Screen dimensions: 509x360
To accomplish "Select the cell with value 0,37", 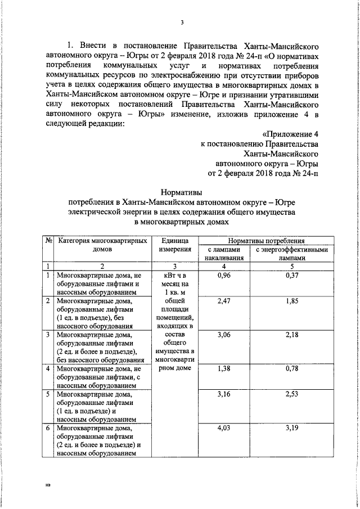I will point(291,275).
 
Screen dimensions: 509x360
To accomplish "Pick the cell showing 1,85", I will point(291,302).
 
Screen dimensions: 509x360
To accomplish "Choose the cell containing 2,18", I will point(291,335).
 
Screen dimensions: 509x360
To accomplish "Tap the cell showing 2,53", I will point(291,395).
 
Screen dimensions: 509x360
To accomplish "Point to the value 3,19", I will point(291,428).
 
